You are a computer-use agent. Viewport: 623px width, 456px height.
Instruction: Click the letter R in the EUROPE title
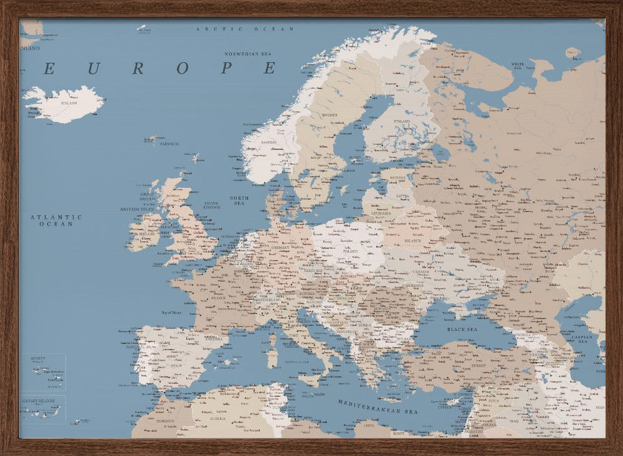coord(138,68)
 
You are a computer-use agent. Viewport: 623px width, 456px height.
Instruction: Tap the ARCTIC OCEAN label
coord(245,29)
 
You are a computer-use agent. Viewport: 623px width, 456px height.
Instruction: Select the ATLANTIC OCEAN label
coord(56,220)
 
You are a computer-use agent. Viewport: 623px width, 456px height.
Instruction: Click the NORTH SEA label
coord(239,200)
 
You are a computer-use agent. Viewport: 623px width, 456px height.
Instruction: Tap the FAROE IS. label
coord(169,144)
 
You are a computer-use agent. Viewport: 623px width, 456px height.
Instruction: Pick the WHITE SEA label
coord(517,65)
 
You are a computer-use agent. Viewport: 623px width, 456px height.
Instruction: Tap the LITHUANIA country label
coord(382,213)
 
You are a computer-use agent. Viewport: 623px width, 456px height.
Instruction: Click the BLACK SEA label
coord(462,328)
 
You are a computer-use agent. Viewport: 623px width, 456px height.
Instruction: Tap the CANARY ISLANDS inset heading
coord(38,401)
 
